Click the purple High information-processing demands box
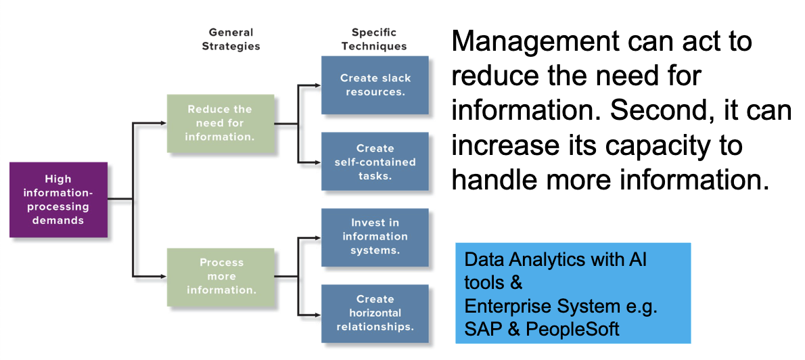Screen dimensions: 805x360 59,200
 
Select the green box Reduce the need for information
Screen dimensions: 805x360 221,123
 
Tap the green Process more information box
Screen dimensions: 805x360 221,277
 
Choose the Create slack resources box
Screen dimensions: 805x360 375,85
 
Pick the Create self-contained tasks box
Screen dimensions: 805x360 375,162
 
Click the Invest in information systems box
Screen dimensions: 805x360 375,238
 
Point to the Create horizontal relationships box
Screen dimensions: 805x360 375,313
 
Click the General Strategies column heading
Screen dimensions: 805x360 231,39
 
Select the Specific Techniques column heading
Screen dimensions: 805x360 374,39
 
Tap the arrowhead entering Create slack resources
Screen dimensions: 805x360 318,85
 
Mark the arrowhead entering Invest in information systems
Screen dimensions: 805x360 318,238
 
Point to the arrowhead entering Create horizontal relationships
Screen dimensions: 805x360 318,314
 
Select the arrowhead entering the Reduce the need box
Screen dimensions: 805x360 163,123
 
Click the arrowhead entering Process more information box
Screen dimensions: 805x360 163,277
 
